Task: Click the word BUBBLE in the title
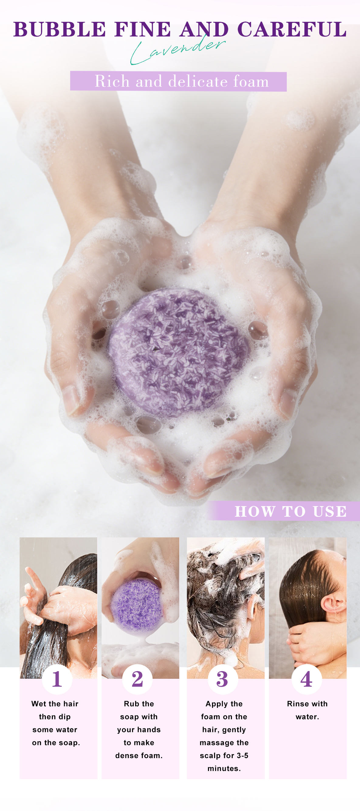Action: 60,29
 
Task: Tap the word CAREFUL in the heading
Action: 292,29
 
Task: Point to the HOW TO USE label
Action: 290,511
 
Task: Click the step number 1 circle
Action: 57,679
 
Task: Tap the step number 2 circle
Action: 138,679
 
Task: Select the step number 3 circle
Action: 222,679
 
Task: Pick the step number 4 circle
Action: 307,679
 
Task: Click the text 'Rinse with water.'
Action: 307,710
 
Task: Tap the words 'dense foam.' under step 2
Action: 139,756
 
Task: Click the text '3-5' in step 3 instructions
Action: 242,756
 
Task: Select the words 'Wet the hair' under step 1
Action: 55,704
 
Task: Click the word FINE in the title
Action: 142,29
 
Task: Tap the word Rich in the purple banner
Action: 112,81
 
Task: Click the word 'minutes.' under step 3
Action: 224,768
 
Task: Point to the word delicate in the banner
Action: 198,81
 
